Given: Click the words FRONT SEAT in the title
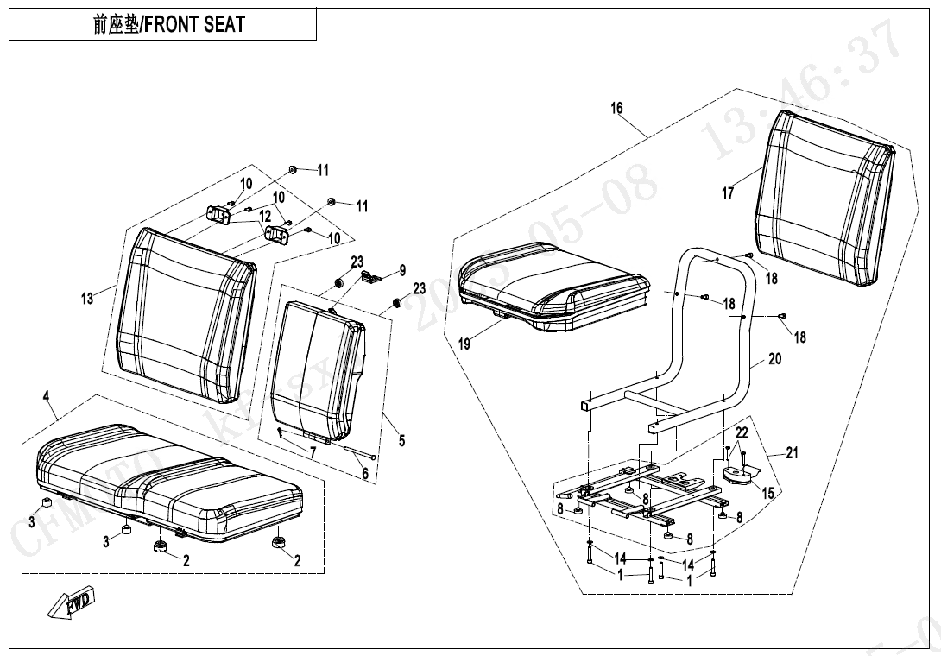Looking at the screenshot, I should click(193, 24).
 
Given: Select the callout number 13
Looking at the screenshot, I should click(87, 299).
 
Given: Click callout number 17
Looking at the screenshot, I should click(728, 193).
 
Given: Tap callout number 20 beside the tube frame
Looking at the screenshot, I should click(774, 358).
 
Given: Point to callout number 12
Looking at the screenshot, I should click(264, 216).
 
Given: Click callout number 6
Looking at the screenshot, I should click(365, 473).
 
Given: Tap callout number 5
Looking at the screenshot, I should click(401, 441).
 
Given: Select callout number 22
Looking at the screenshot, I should click(742, 432).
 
